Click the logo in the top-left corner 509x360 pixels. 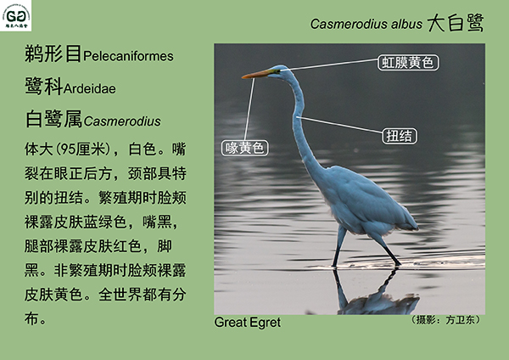point(15,15)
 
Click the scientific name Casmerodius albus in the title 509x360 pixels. point(366,24)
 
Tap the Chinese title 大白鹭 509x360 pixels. point(455,23)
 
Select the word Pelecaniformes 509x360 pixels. point(128,56)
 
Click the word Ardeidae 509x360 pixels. point(90,88)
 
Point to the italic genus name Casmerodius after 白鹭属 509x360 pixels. point(122,121)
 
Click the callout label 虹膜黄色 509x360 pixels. point(408,62)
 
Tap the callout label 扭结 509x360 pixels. point(400,136)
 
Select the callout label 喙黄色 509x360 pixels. point(245,148)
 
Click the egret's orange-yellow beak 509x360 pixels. point(256,75)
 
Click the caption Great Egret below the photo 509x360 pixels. point(248,323)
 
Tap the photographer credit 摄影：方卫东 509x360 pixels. point(445,320)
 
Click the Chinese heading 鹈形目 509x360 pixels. point(53,53)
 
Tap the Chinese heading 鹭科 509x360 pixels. point(43,87)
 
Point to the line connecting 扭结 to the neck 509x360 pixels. point(339,125)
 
